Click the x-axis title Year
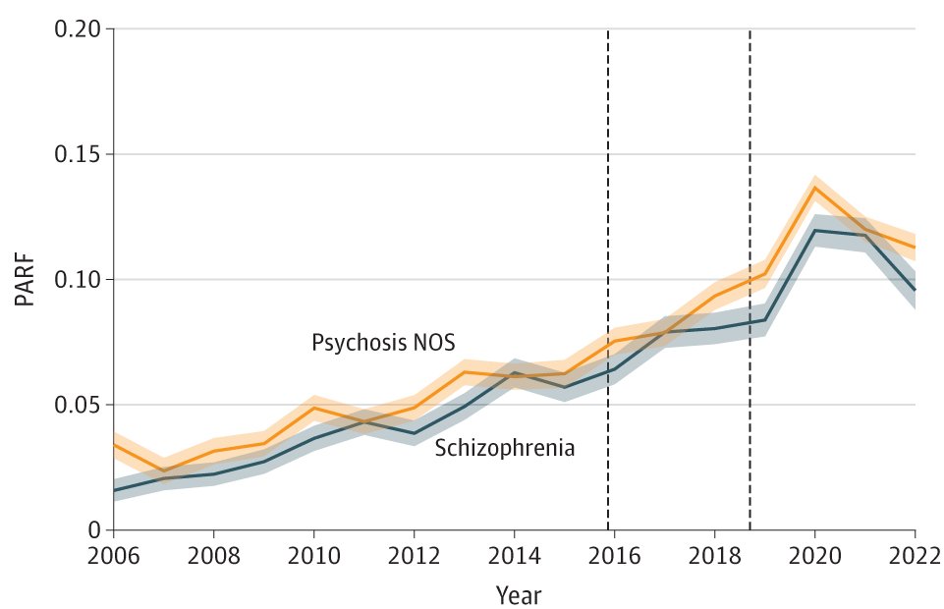[517, 595]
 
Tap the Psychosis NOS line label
[383, 342]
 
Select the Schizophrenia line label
[504, 448]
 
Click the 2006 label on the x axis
[114, 556]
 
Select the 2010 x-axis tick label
[314, 556]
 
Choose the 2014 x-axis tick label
[515, 556]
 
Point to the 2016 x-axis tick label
[615, 556]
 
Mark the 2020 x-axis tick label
[815, 556]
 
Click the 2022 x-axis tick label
[914, 556]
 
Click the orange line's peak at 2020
[815, 188]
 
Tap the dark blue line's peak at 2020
[815, 230]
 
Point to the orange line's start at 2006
[115, 444]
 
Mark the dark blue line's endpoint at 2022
[915, 290]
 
